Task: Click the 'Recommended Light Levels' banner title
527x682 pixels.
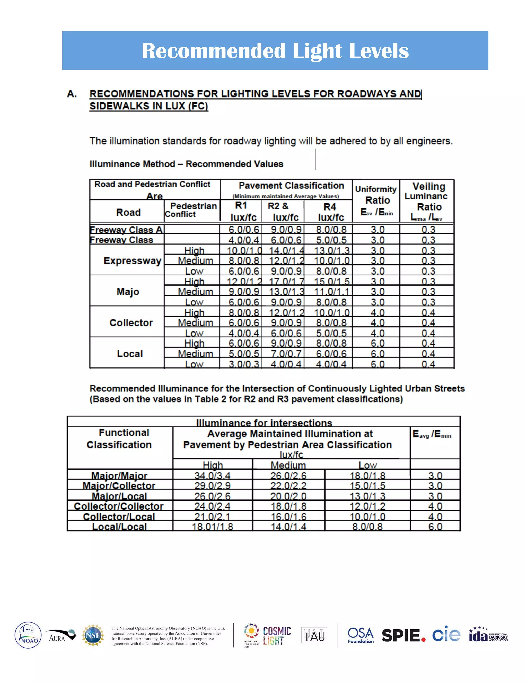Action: pos(275,51)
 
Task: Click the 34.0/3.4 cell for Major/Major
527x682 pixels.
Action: pos(212,476)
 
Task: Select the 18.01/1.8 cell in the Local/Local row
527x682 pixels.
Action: pos(212,527)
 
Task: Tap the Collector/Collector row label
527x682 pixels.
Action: pos(119,506)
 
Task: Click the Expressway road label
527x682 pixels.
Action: pos(132,260)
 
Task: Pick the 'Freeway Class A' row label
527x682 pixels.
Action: pos(126,230)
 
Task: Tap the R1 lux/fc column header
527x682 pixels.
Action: pos(241,211)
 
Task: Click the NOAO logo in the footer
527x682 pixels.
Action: pos(28,635)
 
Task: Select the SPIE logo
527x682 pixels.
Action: pos(403,635)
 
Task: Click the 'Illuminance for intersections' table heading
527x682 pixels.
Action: pos(264,423)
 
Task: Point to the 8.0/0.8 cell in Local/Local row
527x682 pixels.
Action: pos(367,527)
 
